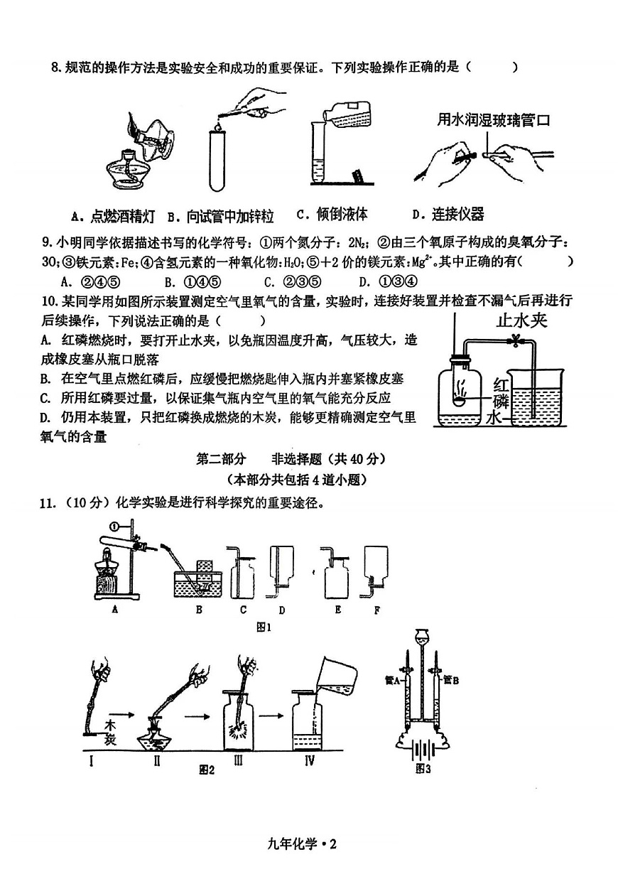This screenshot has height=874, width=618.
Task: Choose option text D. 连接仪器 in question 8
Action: [x=448, y=214]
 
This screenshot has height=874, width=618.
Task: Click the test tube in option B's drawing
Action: [x=219, y=158]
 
